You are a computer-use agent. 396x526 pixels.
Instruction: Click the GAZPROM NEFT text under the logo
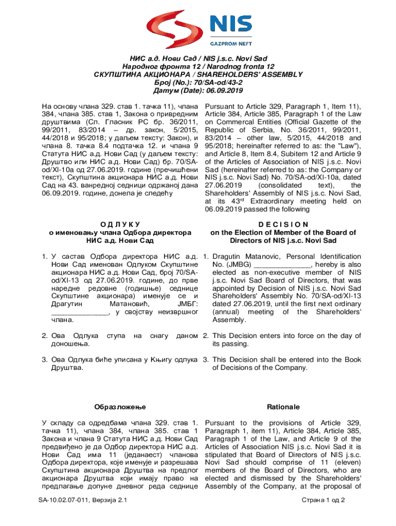[230, 45]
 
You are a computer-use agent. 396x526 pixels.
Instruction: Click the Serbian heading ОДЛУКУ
[119, 224]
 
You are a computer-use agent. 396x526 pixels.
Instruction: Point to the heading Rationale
[283, 407]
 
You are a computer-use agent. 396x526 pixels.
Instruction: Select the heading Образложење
[120, 407]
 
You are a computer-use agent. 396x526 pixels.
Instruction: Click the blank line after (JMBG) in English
[283, 265]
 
